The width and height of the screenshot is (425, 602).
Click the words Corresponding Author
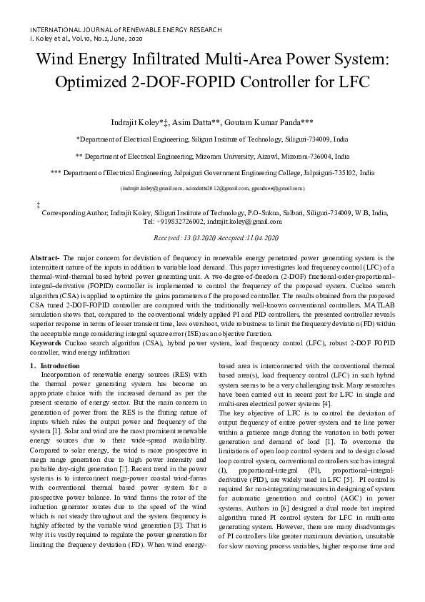74,213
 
